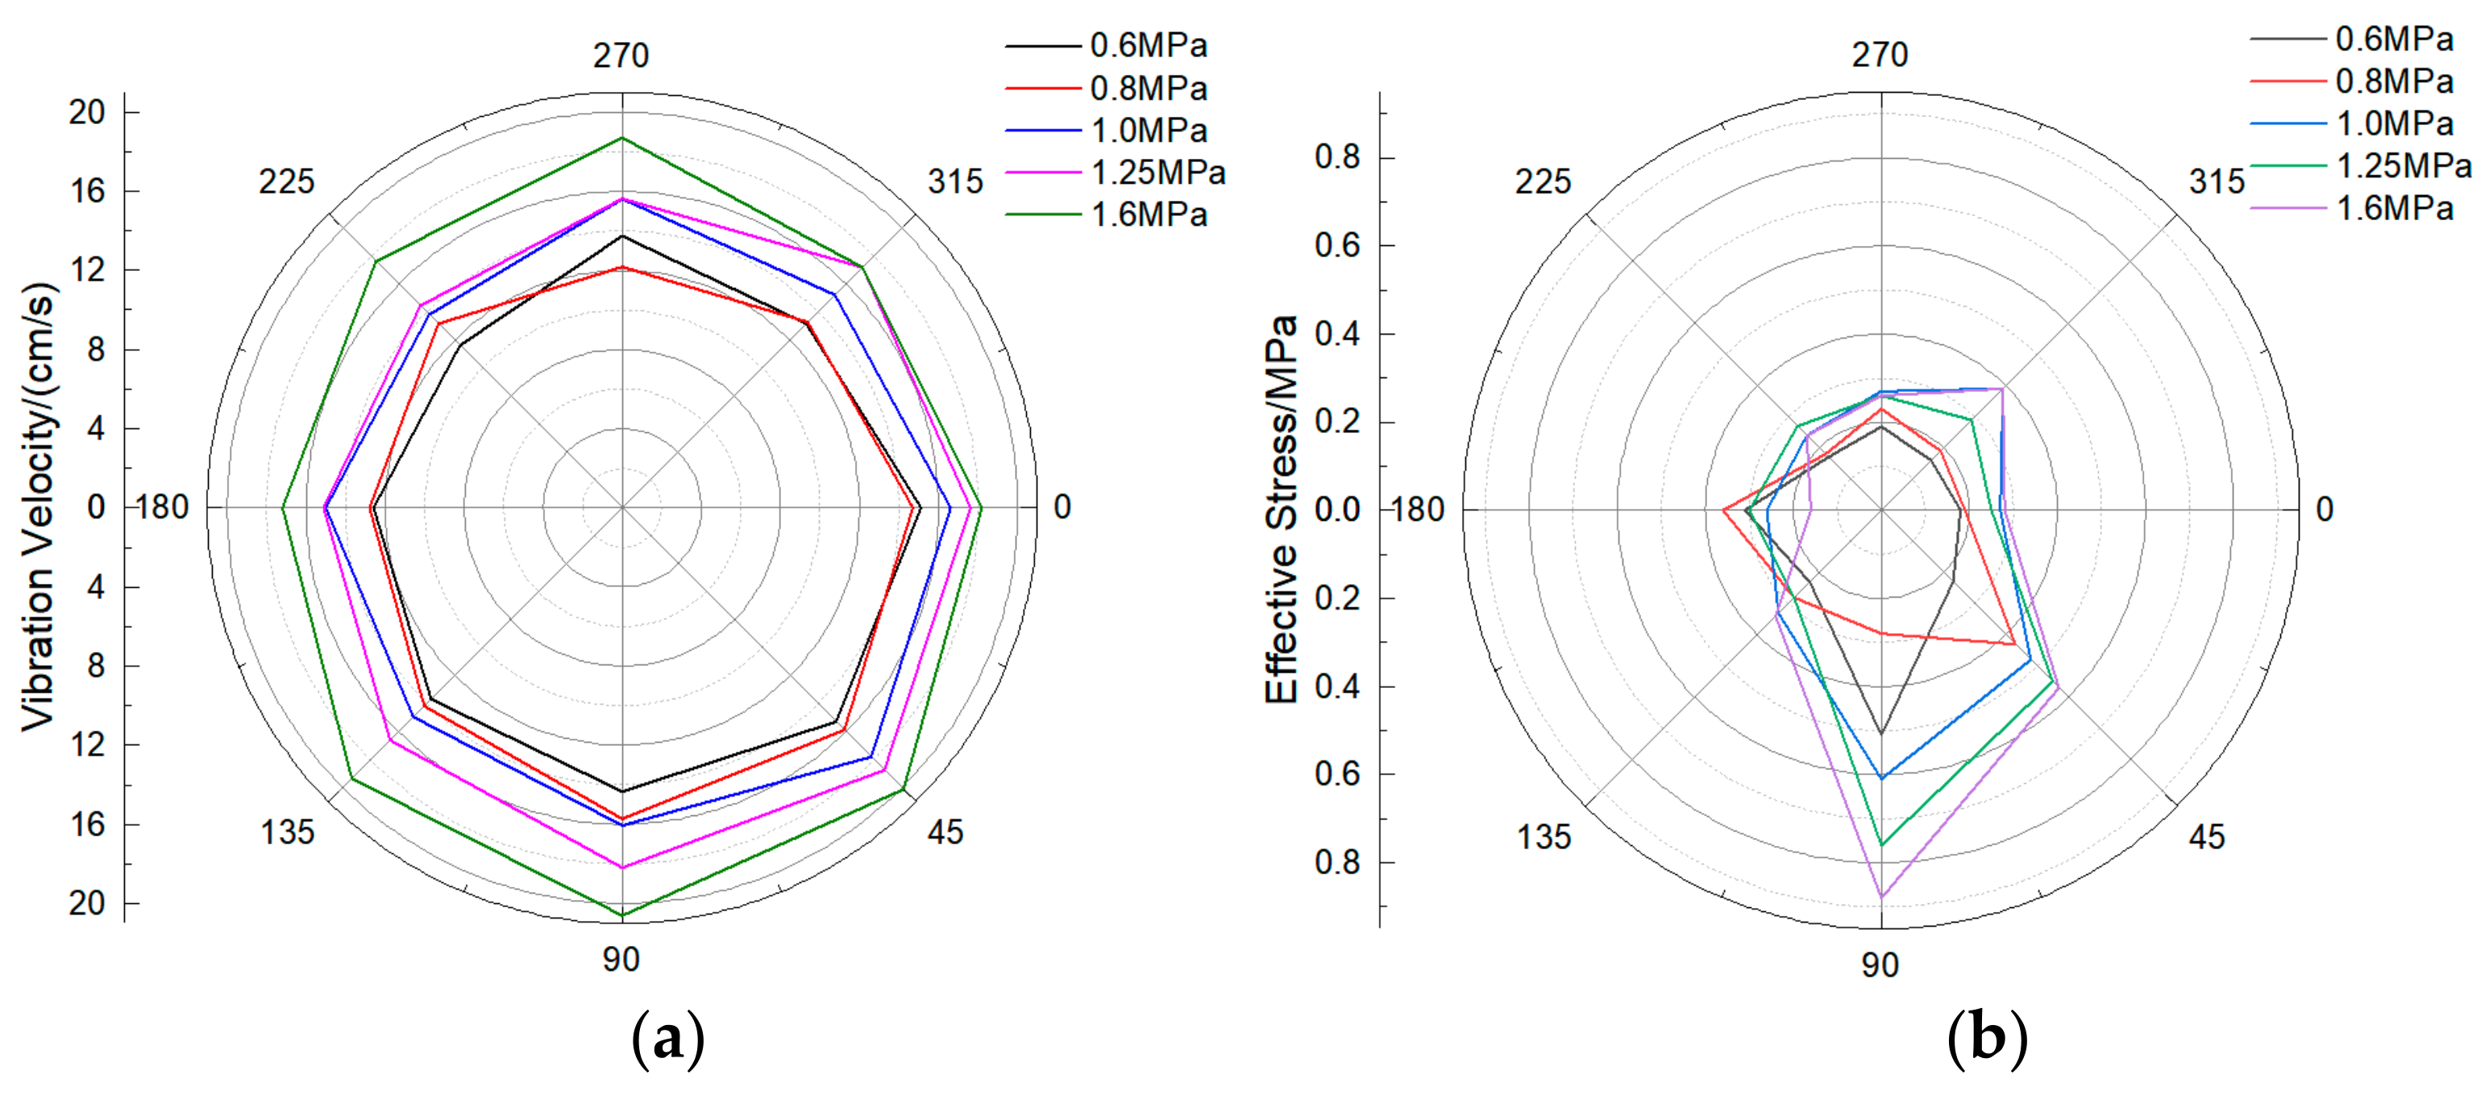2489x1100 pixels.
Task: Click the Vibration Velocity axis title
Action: [39, 506]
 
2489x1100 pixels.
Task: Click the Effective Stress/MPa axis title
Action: [1282, 510]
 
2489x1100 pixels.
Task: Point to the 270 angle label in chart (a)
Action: [621, 55]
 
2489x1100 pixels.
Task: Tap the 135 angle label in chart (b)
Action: [1543, 837]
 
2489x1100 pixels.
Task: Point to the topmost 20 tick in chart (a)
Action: [87, 112]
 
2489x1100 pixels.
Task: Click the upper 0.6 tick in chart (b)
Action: [1337, 245]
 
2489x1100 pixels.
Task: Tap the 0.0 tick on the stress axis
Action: [1337, 510]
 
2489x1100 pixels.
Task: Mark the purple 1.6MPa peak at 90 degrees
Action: [1881, 897]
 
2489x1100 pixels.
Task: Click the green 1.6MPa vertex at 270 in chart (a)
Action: [622, 137]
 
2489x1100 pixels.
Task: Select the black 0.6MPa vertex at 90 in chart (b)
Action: [1881, 734]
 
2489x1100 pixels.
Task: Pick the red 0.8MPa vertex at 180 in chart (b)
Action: [1724, 510]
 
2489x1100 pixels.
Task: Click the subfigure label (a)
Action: [667, 1038]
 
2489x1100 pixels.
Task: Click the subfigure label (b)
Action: [1987, 1038]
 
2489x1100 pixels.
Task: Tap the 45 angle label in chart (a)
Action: [945, 832]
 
